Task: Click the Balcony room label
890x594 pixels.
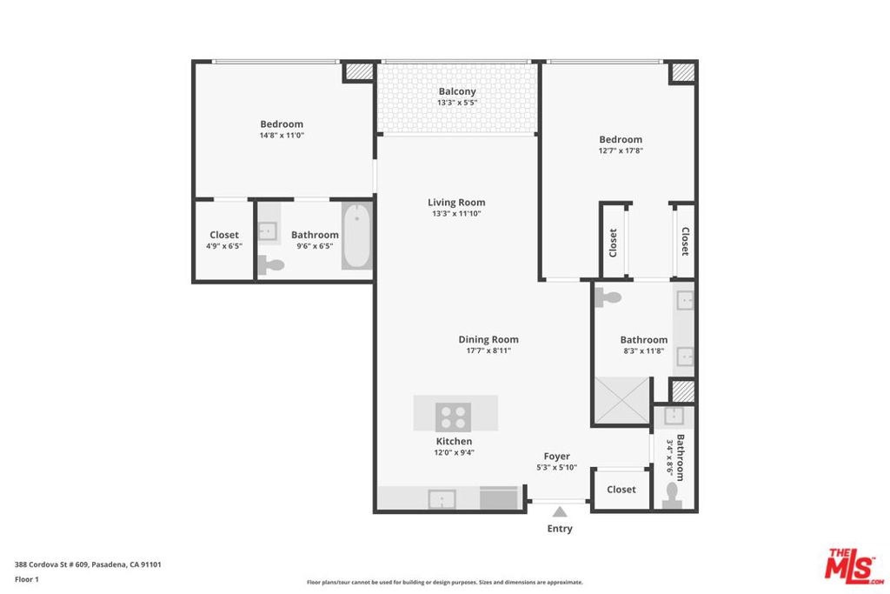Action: click(x=456, y=91)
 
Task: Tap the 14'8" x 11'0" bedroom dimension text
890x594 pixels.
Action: click(x=282, y=136)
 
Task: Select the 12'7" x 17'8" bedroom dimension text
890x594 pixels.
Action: click(x=621, y=150)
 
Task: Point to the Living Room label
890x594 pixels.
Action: click(x=456, y=203)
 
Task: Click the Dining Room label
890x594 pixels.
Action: click(x=488, y=339)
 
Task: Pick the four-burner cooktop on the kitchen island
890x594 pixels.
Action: click(x=453, y=417)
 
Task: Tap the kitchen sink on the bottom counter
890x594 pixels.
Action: click(x=442, y=499)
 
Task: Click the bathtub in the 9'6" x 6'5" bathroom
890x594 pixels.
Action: click(x=356, y=236)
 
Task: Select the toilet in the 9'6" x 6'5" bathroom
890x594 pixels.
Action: click(x=273, y=266)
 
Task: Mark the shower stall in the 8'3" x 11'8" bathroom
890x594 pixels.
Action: click(x=621, y=402)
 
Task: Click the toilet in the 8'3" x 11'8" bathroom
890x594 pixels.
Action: click(x=611, y=297)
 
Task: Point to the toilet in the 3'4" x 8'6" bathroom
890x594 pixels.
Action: click(x=670, y=495)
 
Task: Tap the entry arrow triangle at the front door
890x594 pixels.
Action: click(x=560, y=511)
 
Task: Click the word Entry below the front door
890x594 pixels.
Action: click(x=560, y=529)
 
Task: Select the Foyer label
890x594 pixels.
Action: click(x=557, y=456)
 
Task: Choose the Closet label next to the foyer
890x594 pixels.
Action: click(x=621, y=490)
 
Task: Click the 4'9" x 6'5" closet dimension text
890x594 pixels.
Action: click(x=224, y=246)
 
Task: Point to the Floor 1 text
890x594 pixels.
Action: click(x=27, y=579)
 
